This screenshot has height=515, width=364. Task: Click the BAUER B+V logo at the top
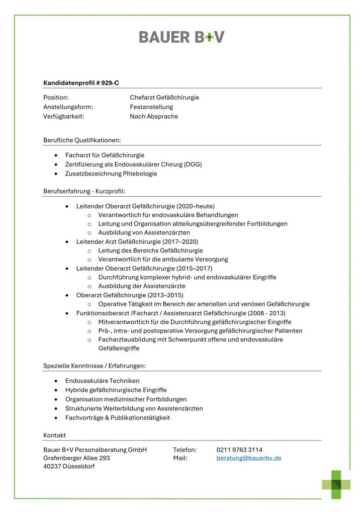click(181, 37)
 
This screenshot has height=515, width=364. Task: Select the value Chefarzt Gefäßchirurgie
click(164, 97)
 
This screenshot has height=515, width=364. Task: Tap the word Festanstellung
click(151, 107)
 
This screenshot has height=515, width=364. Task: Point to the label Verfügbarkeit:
click(63, 116)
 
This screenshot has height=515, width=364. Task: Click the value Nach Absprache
click(154, 116)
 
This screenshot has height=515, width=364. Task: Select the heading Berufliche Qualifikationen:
click(82, 139)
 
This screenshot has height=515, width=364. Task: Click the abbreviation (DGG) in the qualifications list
click(193, 164)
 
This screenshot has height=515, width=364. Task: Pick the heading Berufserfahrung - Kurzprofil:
click(84, 191)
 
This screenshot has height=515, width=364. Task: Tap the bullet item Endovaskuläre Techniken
click(102, 381)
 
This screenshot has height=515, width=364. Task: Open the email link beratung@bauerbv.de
click(249, 458)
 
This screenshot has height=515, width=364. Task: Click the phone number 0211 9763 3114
click(239, 449)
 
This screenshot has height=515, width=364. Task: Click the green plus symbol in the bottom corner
click(336, 484)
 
